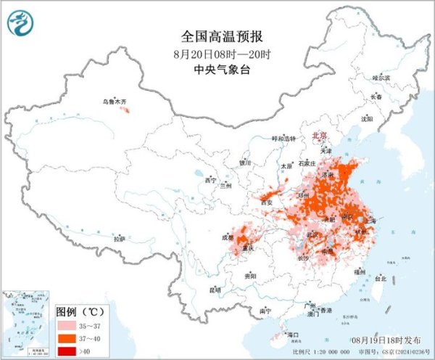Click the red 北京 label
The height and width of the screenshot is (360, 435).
pos(319,136)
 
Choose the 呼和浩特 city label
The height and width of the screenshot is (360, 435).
pos(283,139)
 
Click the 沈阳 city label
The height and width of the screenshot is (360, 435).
pos(367,118)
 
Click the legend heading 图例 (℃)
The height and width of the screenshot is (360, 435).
pos(80,311)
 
